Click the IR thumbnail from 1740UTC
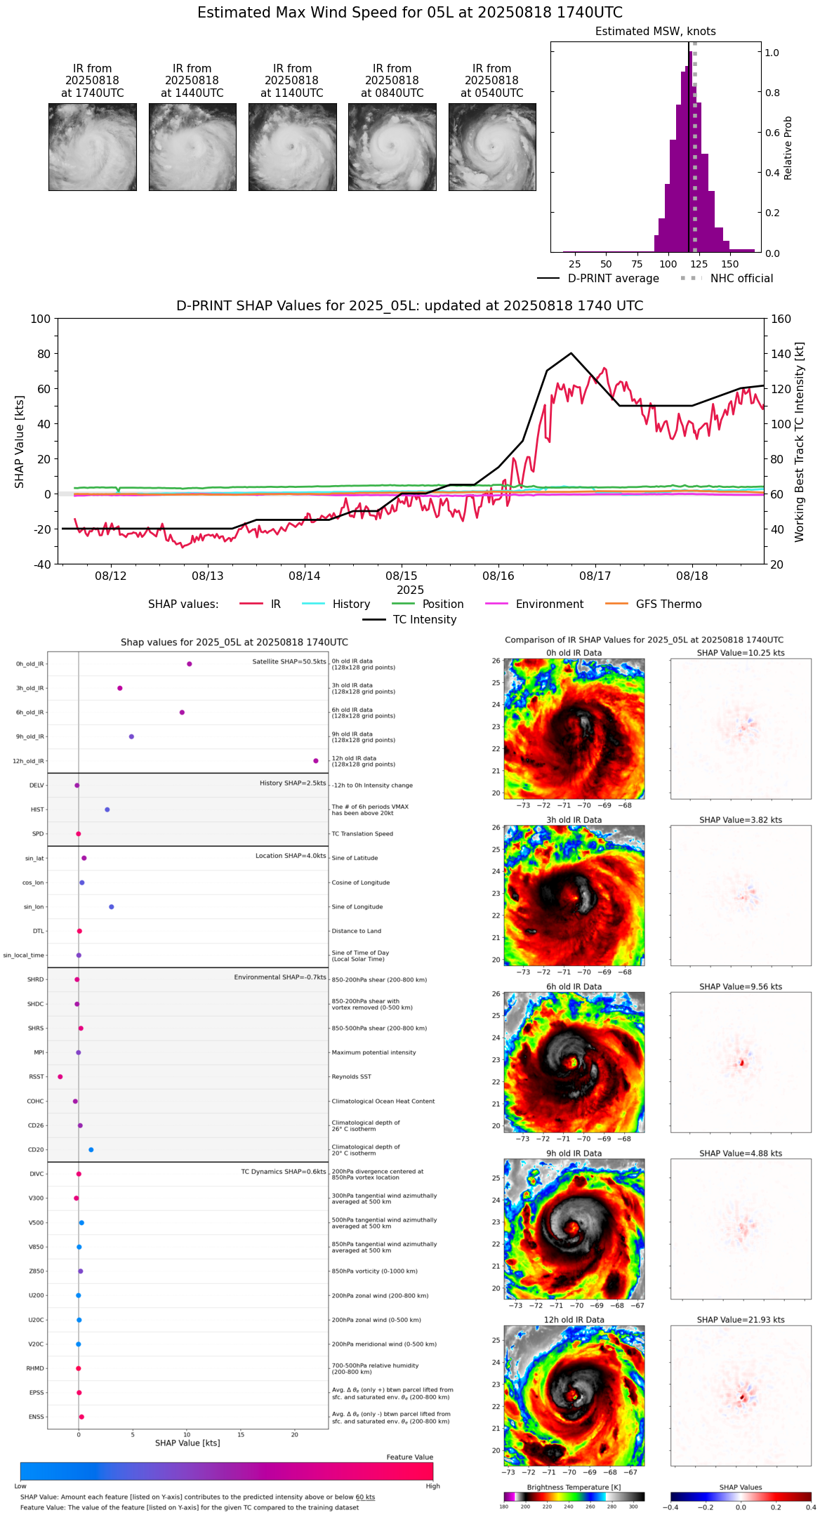93,147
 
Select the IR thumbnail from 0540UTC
492,147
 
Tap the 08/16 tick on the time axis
498,576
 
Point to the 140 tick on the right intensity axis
781,354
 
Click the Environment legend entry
549,604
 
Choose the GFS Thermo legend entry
668,604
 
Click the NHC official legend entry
741,278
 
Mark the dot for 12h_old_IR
316,760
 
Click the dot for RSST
60,1076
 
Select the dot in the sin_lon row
112,906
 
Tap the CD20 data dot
91,1149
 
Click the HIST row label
37,809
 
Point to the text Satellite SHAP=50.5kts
289,661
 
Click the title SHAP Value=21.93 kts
741,1320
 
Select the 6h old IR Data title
574,986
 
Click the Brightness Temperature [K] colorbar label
574,1487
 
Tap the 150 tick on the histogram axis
730,264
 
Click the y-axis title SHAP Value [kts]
20,441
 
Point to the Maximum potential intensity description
373,1052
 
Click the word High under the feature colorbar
432,1486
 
